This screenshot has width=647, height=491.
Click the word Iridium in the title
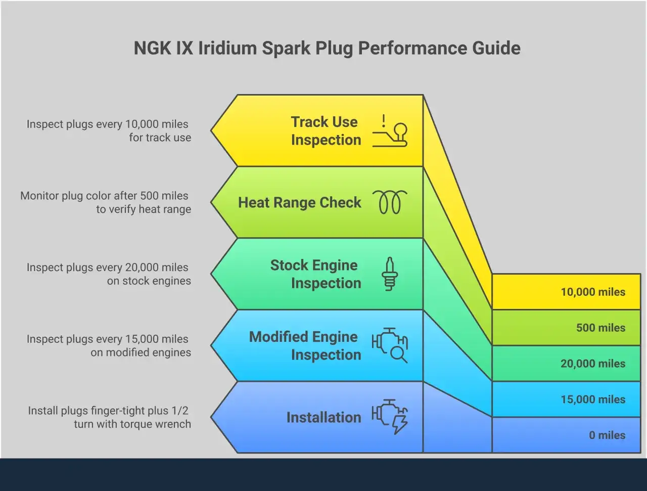227,48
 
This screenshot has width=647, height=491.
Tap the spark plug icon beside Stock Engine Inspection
390,274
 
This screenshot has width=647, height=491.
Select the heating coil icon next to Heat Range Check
390,202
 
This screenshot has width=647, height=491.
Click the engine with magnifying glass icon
390,345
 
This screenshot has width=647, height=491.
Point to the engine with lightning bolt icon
390,417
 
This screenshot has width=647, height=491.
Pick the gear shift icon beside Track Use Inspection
390,131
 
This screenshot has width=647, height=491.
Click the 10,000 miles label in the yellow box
593,292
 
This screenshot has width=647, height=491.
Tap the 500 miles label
600,328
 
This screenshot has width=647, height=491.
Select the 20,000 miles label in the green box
593,364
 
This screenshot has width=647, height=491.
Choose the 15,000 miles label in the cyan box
593,399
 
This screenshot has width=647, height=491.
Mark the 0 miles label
607,435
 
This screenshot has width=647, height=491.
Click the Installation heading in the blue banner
323,418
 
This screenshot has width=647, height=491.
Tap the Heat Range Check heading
299,203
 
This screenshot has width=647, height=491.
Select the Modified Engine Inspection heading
305,345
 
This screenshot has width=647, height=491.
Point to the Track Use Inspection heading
326,130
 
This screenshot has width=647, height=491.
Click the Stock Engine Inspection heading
316,274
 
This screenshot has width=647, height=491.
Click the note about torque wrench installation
109,417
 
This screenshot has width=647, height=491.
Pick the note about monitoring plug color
106,202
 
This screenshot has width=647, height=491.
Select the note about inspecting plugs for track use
109,130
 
